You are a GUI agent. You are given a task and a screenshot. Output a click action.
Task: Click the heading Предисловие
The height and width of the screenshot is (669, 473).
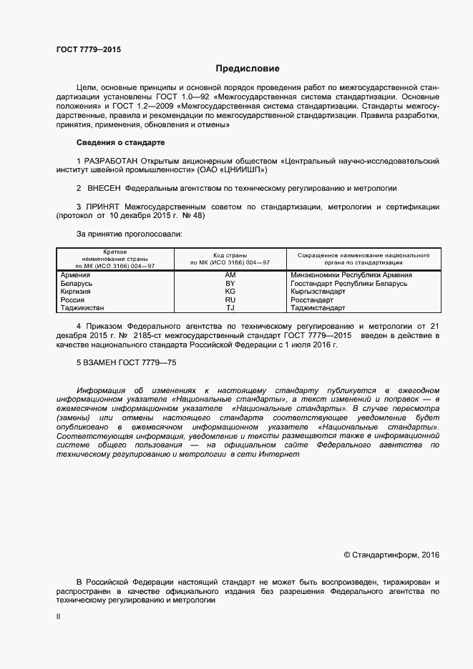point(248,69)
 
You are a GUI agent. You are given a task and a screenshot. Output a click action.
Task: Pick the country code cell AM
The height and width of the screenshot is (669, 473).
point(230,274)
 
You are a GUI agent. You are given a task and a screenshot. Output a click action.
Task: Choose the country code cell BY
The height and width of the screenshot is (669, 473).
point(230,283)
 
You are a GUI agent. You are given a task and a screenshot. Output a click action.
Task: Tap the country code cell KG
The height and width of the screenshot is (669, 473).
point(230,292)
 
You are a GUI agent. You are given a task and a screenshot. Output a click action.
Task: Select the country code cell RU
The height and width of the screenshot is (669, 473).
point(230,300)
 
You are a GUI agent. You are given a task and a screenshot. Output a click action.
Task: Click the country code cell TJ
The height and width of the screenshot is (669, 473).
point(230,308)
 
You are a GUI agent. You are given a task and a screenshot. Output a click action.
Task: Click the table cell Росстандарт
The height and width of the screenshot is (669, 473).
point(313,300)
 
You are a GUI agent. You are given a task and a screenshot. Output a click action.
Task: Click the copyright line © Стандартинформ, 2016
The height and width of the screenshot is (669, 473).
point(391,555)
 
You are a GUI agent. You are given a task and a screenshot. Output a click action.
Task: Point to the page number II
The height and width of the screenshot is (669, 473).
point(59,615)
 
